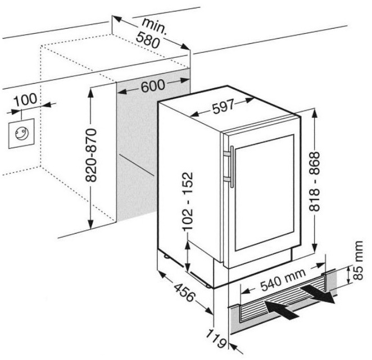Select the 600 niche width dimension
pyautogui.click(x=152, y=85)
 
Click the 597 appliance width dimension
pyautogui.click(x=225, y=110)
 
